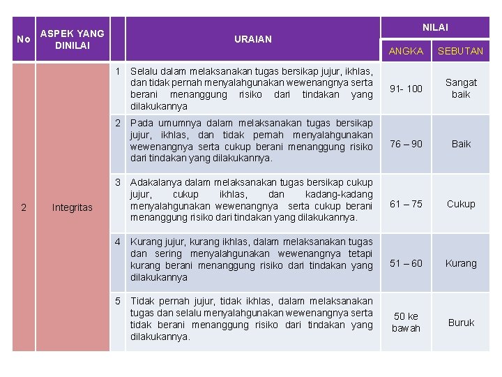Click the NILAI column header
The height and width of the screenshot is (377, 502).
435,27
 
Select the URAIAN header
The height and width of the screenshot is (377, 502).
253,39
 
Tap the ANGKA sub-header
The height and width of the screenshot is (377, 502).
406,51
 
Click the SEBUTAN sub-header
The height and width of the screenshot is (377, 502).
460,51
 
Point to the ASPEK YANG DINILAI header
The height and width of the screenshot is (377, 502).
72,39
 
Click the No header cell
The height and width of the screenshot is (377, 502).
23,39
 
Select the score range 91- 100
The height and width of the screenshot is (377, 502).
406,89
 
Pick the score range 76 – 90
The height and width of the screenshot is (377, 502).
406,144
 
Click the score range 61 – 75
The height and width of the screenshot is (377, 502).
406,204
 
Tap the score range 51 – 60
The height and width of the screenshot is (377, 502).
406,263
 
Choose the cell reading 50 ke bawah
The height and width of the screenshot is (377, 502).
406,323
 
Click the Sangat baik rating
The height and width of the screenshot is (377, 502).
461,89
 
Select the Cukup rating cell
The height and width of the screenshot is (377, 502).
461,204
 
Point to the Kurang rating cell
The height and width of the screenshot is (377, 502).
461,263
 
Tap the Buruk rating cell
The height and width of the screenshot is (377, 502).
461,323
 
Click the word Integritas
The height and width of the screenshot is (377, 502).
72,207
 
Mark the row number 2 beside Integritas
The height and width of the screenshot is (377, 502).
24,207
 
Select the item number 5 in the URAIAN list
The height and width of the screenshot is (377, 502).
119,301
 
